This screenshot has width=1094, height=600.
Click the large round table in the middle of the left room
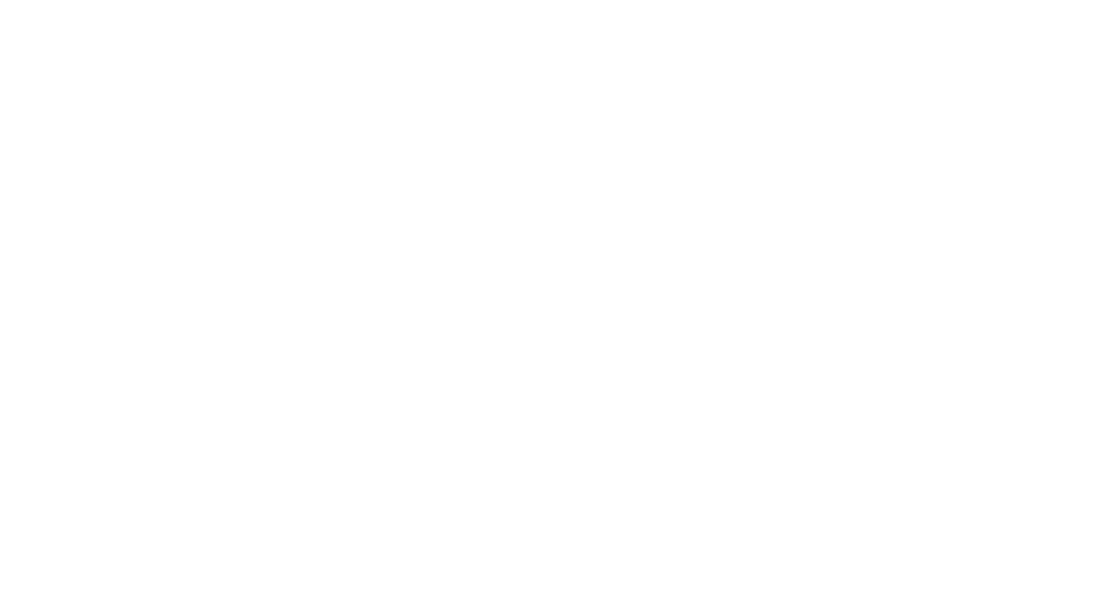250,269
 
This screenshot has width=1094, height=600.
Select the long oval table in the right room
799,255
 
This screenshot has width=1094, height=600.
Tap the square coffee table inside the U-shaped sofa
776,448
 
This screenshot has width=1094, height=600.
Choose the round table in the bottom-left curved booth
136,381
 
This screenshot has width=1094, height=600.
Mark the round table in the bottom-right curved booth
358,381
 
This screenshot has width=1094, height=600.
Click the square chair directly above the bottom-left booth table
138,326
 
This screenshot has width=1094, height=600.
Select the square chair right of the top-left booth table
193,158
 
